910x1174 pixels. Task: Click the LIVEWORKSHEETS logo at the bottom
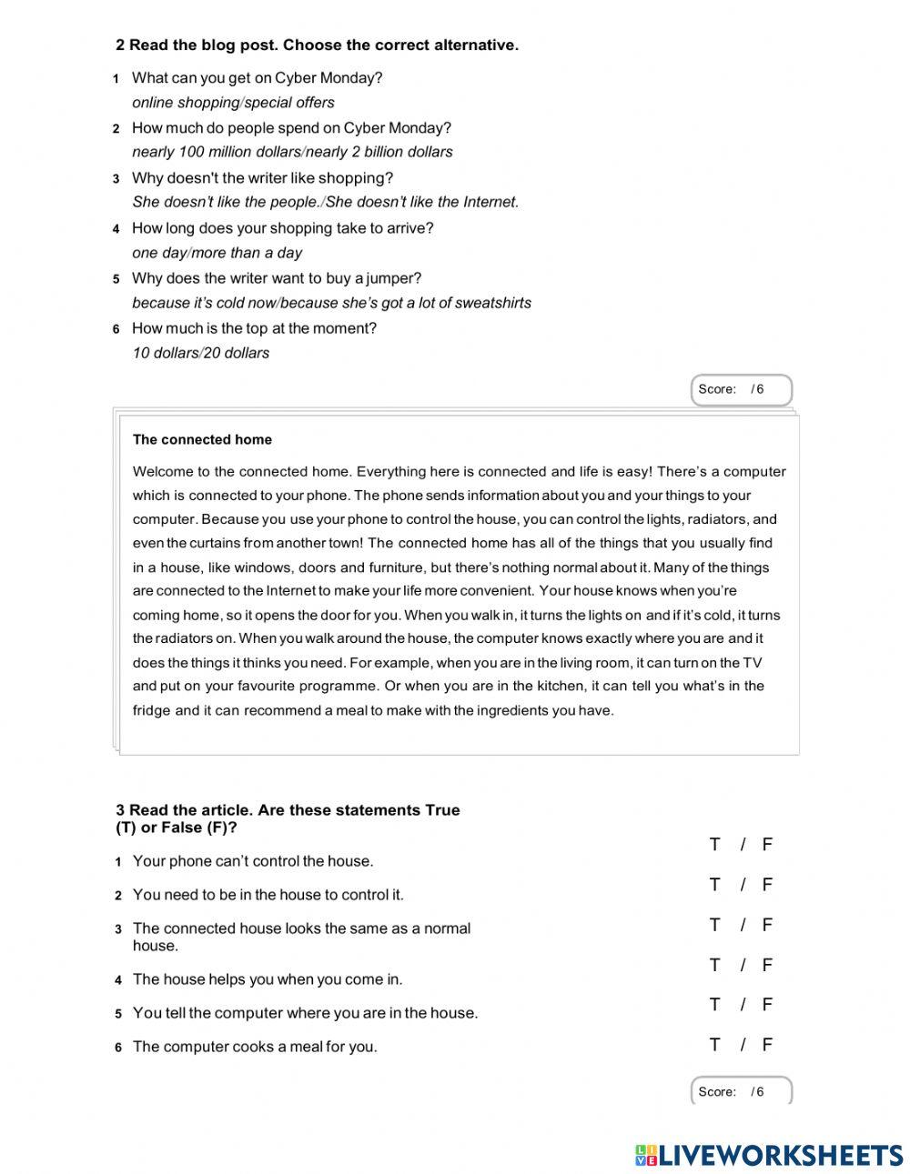pos(769,1155)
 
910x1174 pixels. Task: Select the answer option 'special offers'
pos(289,103)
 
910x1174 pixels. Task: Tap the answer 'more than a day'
pos(248,253)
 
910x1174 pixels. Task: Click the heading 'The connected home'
pos(202,439)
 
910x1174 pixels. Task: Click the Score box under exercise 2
pos(741,389)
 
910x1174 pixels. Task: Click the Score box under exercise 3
pos(741,1091)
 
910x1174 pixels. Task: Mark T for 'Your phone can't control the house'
pos(714,845)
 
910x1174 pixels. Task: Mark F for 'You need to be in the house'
pos(767,885)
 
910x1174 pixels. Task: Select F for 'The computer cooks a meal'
pos(767,1045)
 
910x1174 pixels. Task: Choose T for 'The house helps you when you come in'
pos(714,965)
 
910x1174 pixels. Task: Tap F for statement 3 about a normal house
pos(767,925)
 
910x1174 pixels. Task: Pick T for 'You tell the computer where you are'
pos(714,1005)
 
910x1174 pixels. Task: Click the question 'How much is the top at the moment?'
pos(254,328)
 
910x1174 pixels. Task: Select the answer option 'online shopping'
pos(186,103)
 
